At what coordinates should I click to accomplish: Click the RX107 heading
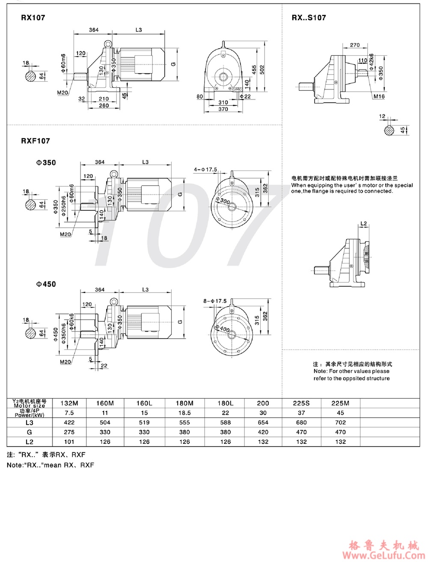33,18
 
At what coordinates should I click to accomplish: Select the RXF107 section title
35,140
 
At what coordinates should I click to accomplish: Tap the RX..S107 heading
309,18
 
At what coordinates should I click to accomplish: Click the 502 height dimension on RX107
262,69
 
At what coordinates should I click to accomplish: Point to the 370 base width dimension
223,109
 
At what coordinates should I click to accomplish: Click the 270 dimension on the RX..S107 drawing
354,45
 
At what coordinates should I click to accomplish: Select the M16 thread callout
379,96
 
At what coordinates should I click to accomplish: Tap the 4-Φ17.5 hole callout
205,170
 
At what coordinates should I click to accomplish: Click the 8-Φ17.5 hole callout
215,301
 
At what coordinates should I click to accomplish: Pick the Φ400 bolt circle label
224,329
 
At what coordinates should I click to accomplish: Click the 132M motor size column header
69,403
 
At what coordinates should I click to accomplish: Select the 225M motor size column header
340,403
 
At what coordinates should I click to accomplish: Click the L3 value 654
263,422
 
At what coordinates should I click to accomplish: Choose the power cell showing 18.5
184,413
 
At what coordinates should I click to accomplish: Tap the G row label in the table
29,432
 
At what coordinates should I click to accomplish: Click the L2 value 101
69,442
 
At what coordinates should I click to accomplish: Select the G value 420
263,432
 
